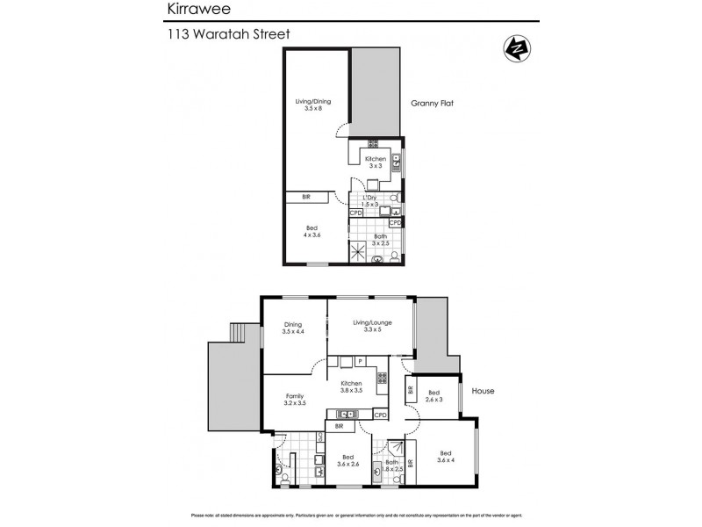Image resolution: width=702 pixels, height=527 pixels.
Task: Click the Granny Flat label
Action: [x=432, y=103]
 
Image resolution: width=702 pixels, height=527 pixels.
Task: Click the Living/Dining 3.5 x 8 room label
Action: [x=312, y=105]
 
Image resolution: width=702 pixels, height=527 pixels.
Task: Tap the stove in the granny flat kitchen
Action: [x=373, y=142]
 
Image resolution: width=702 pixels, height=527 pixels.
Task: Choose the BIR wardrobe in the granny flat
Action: [x=306, y=198]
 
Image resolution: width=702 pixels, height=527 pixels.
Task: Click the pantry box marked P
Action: [x=360, y=361]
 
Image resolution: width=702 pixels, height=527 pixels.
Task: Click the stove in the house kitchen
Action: [x=382, y=378]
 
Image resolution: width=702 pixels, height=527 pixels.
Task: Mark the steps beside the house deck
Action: [x=236, y=333]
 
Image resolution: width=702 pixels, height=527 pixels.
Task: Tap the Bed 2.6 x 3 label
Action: [x=433, y=397]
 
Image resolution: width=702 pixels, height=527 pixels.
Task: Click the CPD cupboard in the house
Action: [x=380, y=415]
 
